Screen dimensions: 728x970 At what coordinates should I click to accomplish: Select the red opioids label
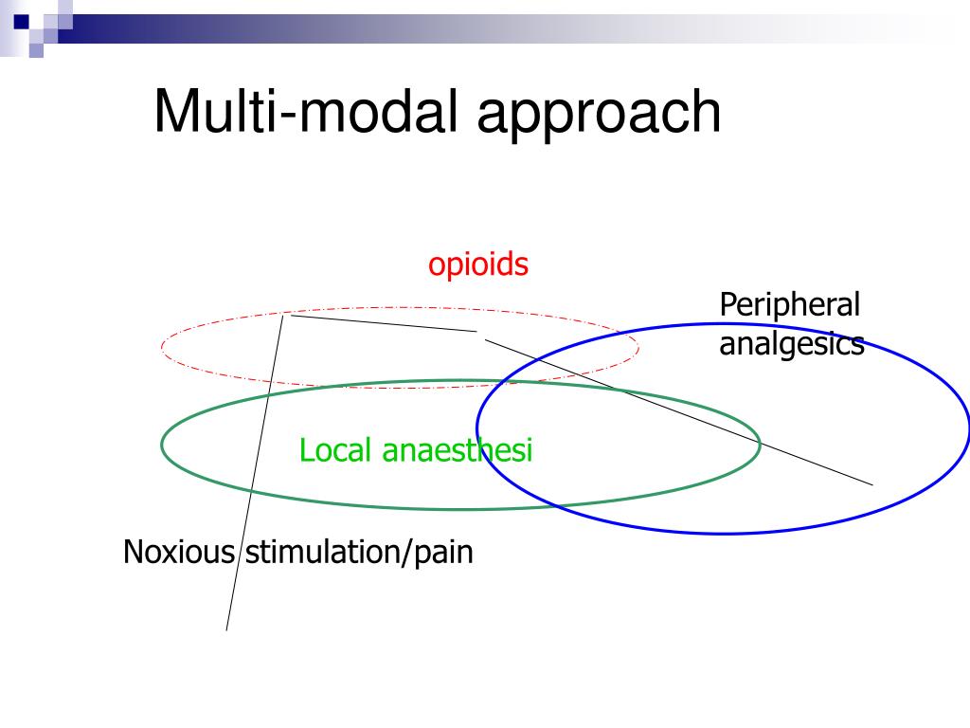click(x=477, y=264)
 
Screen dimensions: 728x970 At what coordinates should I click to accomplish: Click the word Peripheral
click(x=789, y=306)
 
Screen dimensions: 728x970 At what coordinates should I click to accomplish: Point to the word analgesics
click(x=791, y=344)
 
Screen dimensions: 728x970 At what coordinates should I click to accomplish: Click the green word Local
click(x=336, y=450)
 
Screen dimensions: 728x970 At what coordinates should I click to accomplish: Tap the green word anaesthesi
click(x=458, y=450)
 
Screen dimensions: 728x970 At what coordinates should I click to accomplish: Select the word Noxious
click(x=178, y=552)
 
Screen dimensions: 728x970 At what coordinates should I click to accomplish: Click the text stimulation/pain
click(x=359, y=552)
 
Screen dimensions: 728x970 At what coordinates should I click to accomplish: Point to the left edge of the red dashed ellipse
click(x=162, y=347)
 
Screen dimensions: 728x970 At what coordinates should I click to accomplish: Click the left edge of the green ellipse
click(x=162, y=444)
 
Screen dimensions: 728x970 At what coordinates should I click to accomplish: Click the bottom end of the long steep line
click(x=226, y=629)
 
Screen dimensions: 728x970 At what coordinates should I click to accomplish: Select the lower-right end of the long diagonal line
click(x=872, y=484)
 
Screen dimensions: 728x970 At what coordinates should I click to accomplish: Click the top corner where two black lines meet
click(x=284, y=315)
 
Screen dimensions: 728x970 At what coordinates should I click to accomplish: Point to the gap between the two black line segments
click(x=480, y=335)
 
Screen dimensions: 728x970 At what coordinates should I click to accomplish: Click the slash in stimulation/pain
click(x=408, y=552)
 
